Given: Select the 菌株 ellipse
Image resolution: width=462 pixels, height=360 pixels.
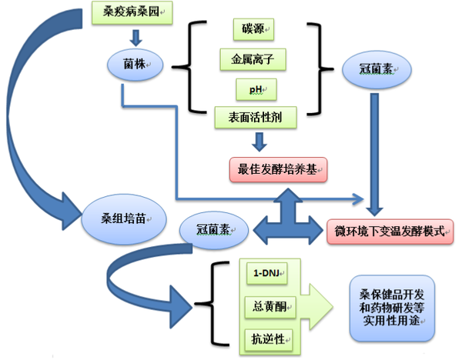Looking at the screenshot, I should click(135, 65).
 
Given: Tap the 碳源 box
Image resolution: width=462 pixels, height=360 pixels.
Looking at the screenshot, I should click(253, 30).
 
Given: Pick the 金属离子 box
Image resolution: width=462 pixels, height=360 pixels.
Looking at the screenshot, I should click(253, 58).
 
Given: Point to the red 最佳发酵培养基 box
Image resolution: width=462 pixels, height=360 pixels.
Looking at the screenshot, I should click(278, 168).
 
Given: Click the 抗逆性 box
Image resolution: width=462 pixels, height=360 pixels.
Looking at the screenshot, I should click(266, 336).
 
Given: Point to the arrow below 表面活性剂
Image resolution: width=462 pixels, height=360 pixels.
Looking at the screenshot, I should click(259, 141).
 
